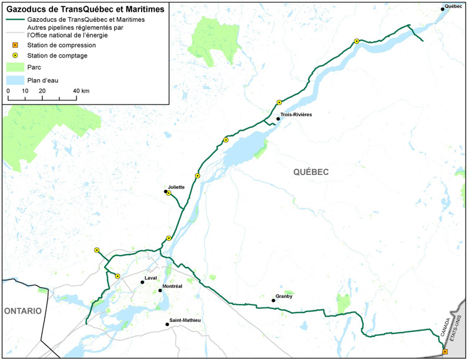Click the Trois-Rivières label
click(296, 114)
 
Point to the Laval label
click(151, 278)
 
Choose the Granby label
click(283, 296)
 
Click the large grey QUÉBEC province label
click(310, 171)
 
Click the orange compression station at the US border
click(445, 352)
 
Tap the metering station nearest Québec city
click(357, 41)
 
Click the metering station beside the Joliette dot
click(169, 193)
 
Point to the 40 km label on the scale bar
click(81, 91)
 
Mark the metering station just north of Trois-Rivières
click(279, 103)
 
